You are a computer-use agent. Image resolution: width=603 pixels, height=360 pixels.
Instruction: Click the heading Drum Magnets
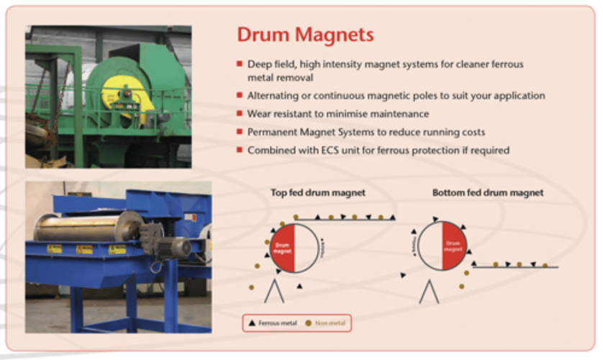click(305, 35)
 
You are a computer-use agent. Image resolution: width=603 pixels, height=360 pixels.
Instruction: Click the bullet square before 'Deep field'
click(240, 63)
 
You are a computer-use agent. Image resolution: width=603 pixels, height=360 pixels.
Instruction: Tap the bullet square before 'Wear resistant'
click(240, 114)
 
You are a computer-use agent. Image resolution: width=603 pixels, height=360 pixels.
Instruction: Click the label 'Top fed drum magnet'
click(318, 193)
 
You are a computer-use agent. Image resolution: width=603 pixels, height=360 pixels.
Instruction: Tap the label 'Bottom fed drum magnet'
click(487, 193)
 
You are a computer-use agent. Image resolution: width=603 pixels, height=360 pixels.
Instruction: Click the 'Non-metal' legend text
click(330, 323)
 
